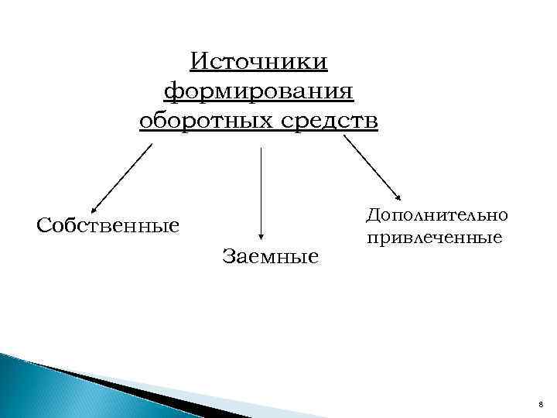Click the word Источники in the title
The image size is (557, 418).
click(259, 60)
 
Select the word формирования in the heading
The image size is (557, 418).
click(259, 91)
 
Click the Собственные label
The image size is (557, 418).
click(108, 226)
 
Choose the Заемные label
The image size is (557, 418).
click(269, 255)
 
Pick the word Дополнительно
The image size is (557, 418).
click(437, 216)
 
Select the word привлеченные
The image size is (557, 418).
click(434, 237)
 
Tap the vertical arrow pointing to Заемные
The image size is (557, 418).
click(261, 194)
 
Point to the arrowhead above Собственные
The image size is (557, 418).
click(93, 210)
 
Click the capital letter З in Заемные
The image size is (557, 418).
click(227, 255)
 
